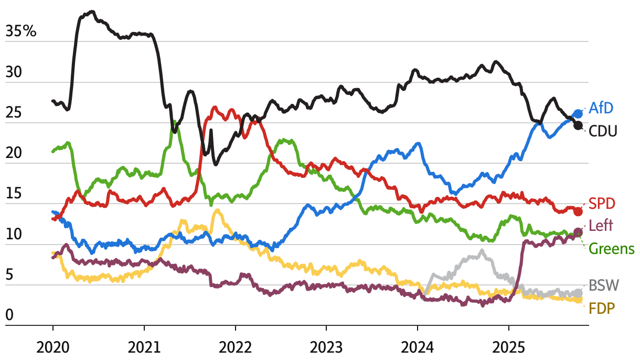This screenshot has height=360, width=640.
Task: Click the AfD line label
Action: pos(601,108)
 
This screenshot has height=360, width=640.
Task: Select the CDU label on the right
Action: pos(603,131)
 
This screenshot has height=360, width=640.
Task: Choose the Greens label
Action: pos(611,248)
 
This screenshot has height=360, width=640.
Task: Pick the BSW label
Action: pos(604,286)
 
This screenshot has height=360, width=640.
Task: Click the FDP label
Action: pos(601,308)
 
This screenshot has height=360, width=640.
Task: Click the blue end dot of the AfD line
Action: pos(578,113)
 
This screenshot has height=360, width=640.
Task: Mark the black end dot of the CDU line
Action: pos(578,125)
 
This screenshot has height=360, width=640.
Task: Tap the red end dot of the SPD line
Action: pos(578,211)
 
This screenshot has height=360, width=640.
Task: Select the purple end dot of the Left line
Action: pos(578,232)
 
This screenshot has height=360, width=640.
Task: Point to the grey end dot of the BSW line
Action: pos(578,293)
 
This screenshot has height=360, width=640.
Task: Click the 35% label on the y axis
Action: pos(21,31)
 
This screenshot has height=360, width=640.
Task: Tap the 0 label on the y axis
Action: pos(9,315)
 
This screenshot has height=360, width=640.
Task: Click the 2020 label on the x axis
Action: pos(52,347)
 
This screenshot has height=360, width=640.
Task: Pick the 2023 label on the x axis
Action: pos(326,347)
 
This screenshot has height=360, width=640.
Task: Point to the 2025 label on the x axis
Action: pos(509,347)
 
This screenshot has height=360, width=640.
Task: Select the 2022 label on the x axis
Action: pos(235,347)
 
